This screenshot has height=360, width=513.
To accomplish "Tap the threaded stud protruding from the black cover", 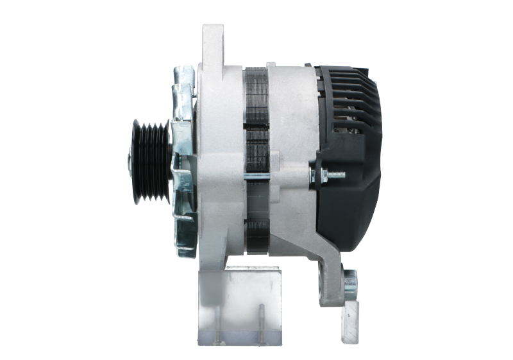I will (335, 175).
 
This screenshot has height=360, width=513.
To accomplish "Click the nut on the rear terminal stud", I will (320, 174).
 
